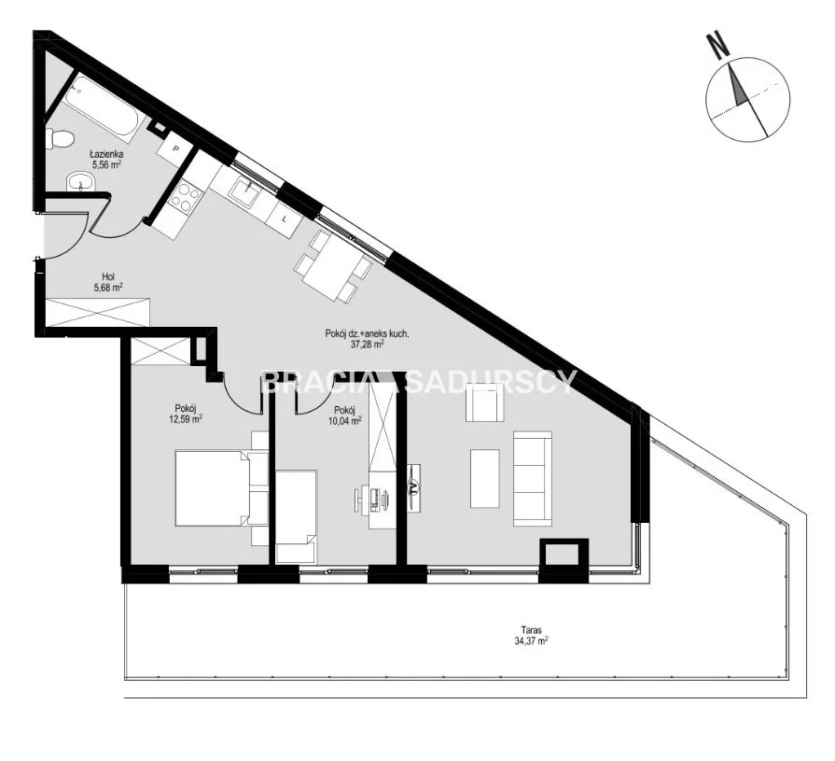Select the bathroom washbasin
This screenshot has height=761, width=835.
pos(80,182)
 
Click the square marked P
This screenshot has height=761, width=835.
pos(174,148)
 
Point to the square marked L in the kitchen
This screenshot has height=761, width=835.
pos(285,218)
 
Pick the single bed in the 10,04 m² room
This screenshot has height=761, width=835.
pos(297,516)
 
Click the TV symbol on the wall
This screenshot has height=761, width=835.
pos(414,487)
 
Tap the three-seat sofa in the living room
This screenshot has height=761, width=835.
pos(533,479)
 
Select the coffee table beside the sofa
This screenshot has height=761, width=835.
pos(484,478)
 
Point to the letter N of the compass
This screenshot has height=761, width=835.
pos(717,46)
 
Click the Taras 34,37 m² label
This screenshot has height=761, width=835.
pos(532,636)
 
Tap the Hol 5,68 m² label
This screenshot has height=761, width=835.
pos(108,282)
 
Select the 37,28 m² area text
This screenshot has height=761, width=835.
pos(367,345)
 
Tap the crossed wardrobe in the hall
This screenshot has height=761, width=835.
pos(98,312)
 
